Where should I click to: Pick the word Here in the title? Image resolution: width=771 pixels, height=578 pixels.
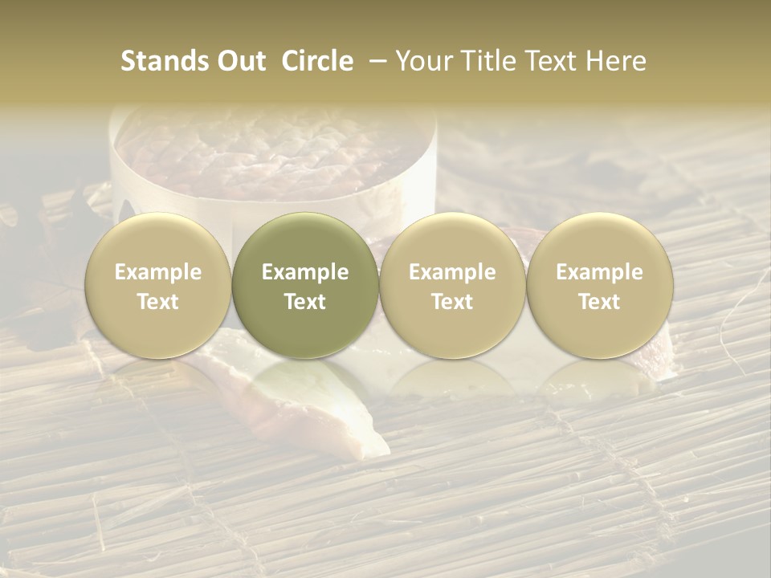[617, 61]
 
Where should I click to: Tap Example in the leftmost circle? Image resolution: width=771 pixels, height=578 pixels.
[158, 272]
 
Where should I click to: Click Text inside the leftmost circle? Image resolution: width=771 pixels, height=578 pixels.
[158, 302]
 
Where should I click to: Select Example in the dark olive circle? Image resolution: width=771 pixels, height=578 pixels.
[305, 272]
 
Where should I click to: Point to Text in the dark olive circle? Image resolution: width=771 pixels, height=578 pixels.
[305, 302]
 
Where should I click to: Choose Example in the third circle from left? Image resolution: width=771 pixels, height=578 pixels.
[452, 272]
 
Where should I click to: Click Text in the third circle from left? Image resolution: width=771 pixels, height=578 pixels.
[452, 302]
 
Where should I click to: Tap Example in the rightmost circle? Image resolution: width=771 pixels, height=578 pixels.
[599, 272]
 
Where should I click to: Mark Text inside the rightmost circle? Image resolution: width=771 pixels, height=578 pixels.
[599, 302]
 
